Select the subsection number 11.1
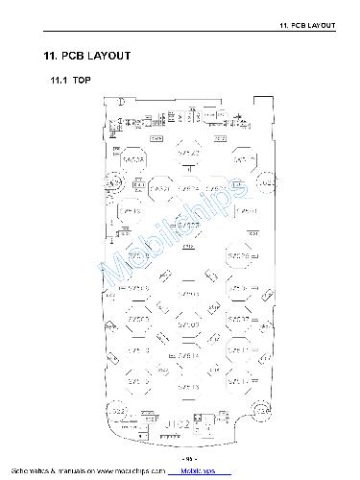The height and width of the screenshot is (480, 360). click(60, 80)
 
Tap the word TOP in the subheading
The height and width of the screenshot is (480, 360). click(83, 80)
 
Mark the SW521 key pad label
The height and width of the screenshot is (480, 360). click(239, 159)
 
